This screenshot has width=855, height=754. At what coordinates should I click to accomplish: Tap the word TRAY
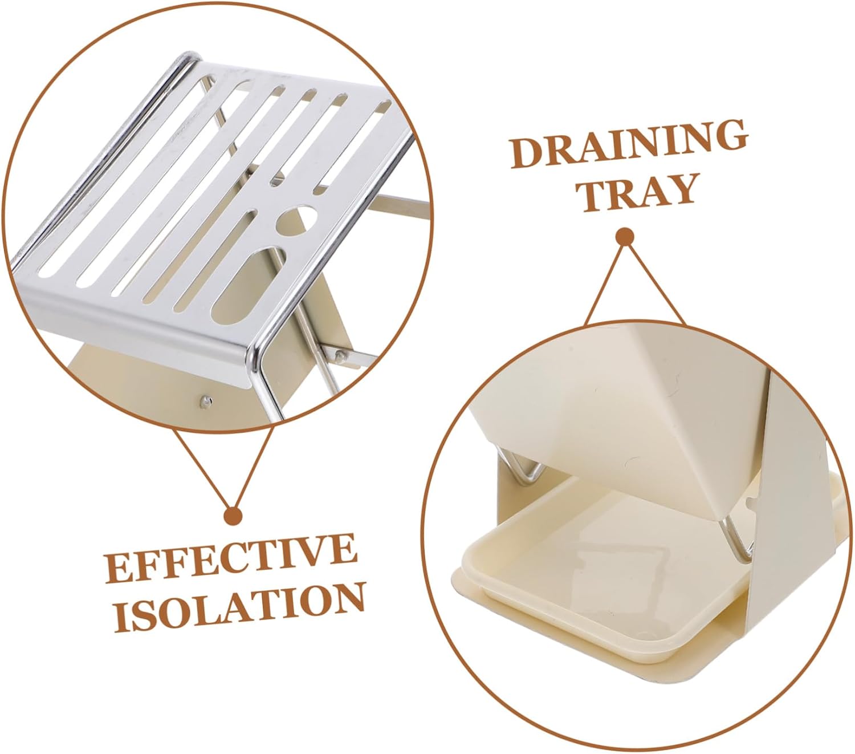639,193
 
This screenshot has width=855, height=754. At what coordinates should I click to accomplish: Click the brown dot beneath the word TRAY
625,237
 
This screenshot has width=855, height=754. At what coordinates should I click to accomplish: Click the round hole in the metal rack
296,220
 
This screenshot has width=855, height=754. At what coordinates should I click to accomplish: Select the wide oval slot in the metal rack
248,287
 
